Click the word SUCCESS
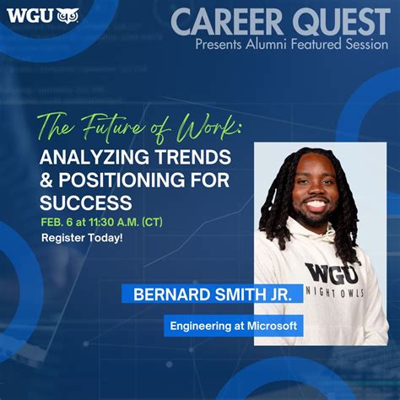click(x=86, y=203)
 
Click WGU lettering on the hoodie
click(x=332, y=272)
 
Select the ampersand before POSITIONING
click(x=47, y=180)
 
